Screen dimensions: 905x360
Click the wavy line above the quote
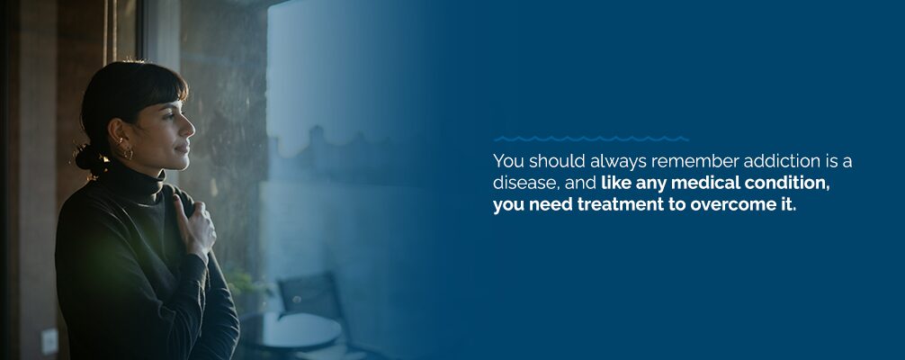591,139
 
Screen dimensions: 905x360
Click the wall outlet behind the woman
50,341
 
